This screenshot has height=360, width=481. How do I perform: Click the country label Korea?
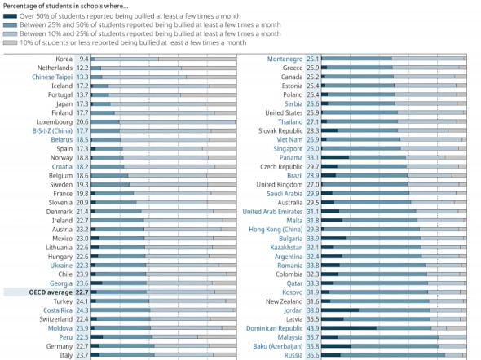[x=63, y=59]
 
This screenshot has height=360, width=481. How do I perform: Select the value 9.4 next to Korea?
[x=83, y=59]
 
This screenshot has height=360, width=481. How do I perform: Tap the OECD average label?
[x=47, y=291]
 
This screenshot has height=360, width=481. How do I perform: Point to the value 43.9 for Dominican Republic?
[x=311, y=327]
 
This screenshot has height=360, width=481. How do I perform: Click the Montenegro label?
[x=285, y=59]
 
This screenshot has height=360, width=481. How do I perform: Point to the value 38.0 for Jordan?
[x=311, y=310]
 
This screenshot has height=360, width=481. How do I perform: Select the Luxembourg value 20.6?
[x=82, y=121]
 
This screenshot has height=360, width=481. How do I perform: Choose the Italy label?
[x=65, y=355]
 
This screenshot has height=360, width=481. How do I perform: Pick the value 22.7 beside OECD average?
[x=82, y=291]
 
